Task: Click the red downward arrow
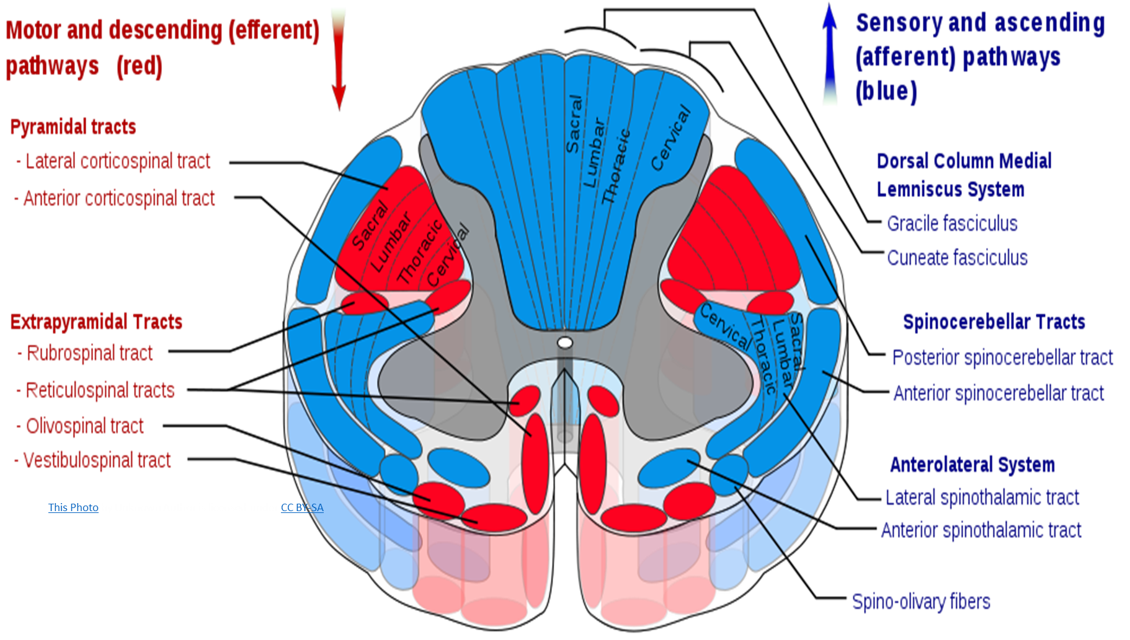point(339,59)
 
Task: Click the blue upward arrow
point(830,56)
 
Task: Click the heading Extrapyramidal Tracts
point(96,322)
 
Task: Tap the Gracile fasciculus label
point(952,224)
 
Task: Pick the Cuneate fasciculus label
point(957,258)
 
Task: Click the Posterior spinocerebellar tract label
point(1002,357)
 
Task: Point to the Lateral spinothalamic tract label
point(982,498)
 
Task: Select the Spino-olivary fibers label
point(921,602)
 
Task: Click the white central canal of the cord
point(564,343)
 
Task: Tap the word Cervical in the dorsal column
point(670,138)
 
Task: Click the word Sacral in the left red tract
point(370,226)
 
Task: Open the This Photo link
point(73,507)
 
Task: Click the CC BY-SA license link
point(302,507)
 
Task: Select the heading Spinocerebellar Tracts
point(994,322)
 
